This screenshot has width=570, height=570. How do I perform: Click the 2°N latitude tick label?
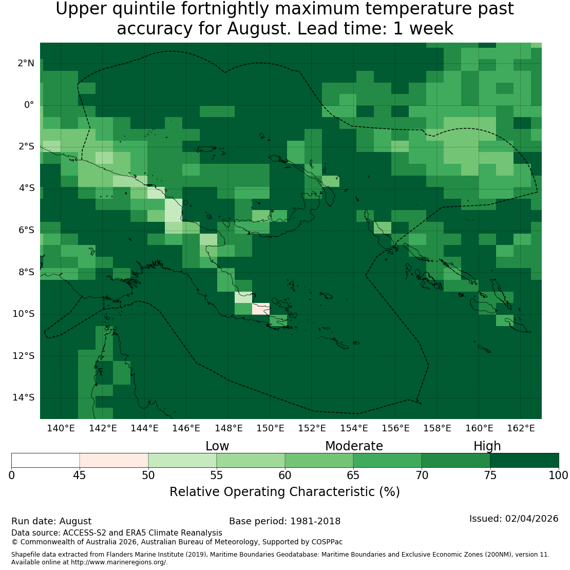pyautogui.click(x=26, y=63)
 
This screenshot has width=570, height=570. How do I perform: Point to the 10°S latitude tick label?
pyautogui.click(x=23, y=314)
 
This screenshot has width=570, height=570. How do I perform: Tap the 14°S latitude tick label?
pyautogui.click(x=23, y=397)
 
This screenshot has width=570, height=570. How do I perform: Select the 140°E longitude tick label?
pyautogui.click(x=61, y=428)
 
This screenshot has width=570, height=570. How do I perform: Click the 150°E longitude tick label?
pyautogui.click(x=270, y=428)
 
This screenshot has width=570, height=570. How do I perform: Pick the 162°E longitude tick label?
pyautogui.click(x=521, y=428)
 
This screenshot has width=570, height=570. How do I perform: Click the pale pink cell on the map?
pyautogui.click(x=261, y=309)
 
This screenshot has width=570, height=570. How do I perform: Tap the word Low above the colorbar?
pyautogui.click(x=217, y=446)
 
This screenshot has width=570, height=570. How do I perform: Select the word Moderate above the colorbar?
pyautogui.click(x=354, y=446)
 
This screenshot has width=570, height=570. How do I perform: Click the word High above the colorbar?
pyautogui.click(x=487, y=446)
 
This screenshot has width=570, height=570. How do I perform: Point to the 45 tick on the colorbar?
pyautogui.click(x=80, y=475)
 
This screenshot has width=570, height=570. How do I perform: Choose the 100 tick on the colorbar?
pyautogui.click(x=558, y=475)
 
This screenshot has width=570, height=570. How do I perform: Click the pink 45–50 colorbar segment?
pyautogui.click(x=114, y=460)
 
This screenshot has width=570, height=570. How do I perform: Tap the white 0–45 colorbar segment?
pyautogui.click(x=45, y=460)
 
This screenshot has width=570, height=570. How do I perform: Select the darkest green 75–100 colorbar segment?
pyautogui.click(x=524, y=460)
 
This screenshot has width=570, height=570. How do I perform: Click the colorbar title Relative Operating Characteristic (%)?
pyautogui.click(x=284, y=492)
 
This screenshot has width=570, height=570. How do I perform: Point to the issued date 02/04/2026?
pyautogui.click(x=531, y=519)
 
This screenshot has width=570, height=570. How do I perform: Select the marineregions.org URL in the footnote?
pyautogui.click(x=119, y=562)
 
